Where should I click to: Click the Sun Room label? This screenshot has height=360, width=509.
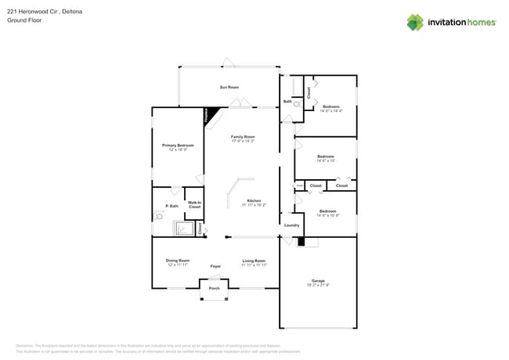[229, 87]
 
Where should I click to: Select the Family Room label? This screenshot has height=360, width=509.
[243, 137]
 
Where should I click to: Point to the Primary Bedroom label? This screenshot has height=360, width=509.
[178, 146]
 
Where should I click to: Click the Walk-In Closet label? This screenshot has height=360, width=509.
[194, 204]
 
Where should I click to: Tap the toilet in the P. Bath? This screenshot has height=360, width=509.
[159, 217]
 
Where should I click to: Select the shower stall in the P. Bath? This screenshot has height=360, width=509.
[183, 228]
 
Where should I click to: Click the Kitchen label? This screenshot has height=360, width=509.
[254, 201]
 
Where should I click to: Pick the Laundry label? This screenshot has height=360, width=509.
[291, 225]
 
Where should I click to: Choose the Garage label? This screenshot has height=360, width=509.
[318, 280]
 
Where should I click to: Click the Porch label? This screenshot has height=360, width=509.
[214, 287]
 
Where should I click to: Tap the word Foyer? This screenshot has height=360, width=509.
[215, 266]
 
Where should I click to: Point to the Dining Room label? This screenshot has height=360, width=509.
[177, 261]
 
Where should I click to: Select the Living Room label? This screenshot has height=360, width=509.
[254, 261]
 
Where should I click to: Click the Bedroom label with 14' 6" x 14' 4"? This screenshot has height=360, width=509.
[330, 106]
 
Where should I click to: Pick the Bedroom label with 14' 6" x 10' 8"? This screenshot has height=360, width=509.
[327, 211]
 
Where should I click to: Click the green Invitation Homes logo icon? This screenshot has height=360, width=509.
[415, 22]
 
